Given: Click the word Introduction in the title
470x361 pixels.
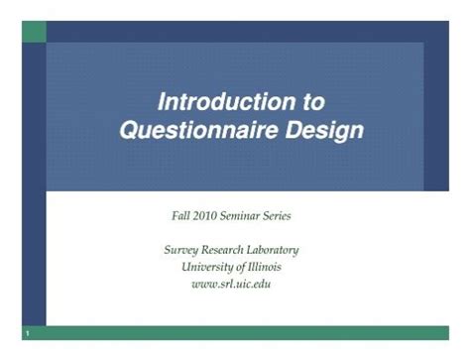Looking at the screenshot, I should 216,102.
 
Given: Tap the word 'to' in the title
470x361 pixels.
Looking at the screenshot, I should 310,102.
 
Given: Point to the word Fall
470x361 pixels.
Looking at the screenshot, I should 182,215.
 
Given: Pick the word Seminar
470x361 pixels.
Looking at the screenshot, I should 244,215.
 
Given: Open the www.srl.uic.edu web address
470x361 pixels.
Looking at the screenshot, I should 231,284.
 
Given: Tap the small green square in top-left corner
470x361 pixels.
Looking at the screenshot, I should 34,31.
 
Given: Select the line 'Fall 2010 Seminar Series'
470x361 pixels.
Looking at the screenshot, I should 231,215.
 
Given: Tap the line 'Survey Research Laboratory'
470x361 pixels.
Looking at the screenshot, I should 231,250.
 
